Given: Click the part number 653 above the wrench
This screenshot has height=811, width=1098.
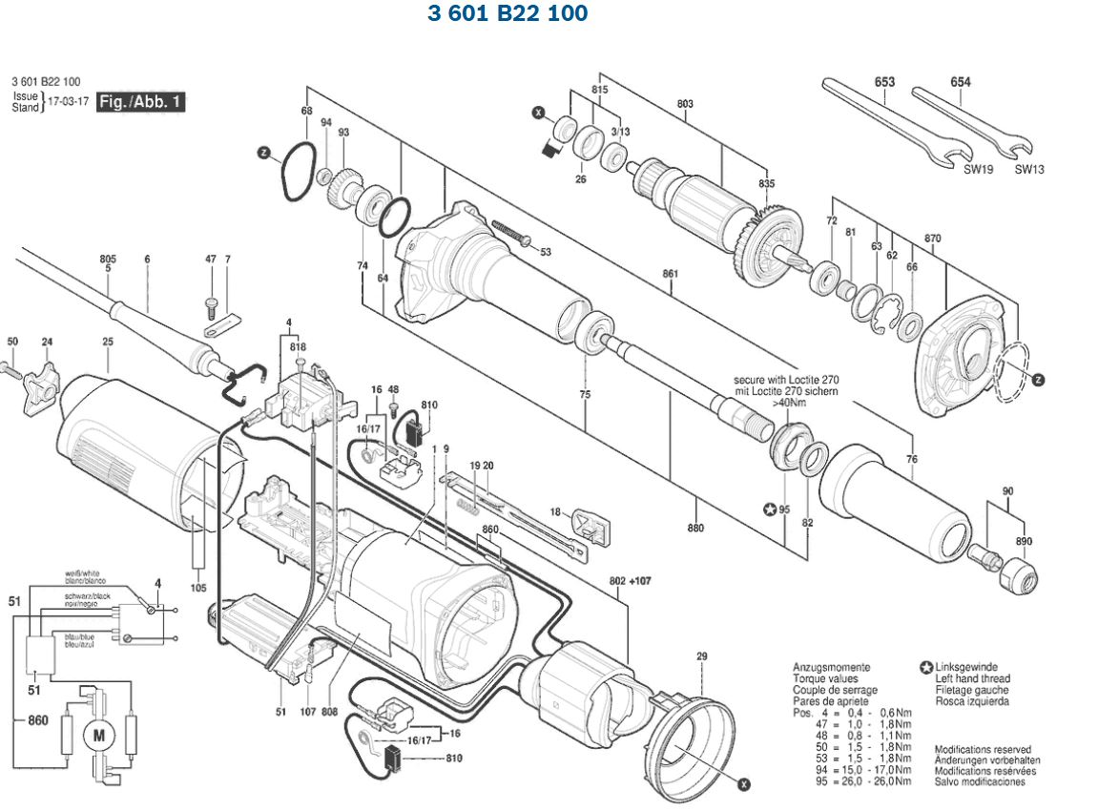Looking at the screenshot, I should (x=884, y=82).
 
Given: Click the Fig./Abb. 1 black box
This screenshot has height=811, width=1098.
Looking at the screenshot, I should (x=140, y=102).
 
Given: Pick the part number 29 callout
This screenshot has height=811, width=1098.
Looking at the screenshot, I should (x=702, y=656).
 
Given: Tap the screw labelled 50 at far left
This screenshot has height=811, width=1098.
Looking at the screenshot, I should (x=10, y=366).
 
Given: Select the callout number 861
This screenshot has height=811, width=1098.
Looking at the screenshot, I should (x=670, y=275).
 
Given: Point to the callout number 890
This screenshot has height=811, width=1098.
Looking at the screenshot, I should (x=1024, y=542).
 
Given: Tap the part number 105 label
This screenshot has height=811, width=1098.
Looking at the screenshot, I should (x=197, y=588).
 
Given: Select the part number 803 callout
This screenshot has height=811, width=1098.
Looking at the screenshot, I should (x=685, y=104).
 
